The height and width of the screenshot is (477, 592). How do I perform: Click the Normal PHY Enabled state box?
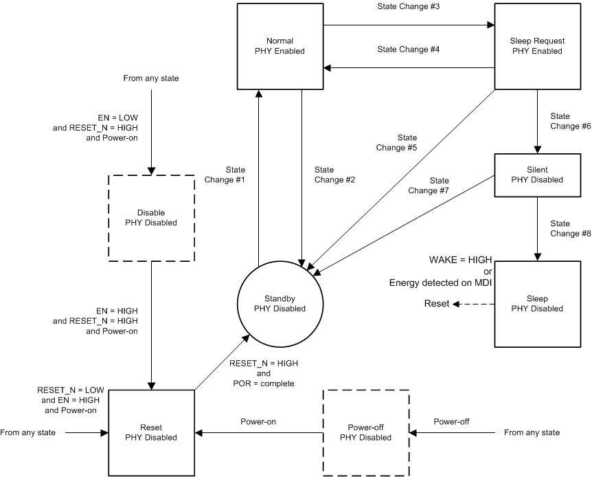[280, 45]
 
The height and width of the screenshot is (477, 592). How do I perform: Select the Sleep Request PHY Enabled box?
[537, 45]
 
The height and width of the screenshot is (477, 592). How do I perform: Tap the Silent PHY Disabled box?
[537, 175]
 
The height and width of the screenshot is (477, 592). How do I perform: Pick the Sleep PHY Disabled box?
[537, 304]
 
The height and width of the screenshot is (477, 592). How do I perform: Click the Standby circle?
[280, 304]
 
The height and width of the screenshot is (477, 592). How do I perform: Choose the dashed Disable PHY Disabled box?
[150, 218]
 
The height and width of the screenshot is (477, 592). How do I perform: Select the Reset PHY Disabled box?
[150, 432]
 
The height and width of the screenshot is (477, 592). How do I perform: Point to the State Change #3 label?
[408, 6]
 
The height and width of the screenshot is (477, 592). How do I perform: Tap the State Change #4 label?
[408, 49]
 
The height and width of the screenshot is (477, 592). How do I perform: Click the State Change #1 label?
[225, 175]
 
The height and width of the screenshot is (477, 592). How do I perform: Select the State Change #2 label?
[334, 175]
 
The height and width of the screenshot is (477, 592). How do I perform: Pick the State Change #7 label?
[429, 186]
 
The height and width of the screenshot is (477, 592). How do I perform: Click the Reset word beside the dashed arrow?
[437, 304]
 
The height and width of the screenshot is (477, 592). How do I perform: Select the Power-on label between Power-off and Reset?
[258, 421]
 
